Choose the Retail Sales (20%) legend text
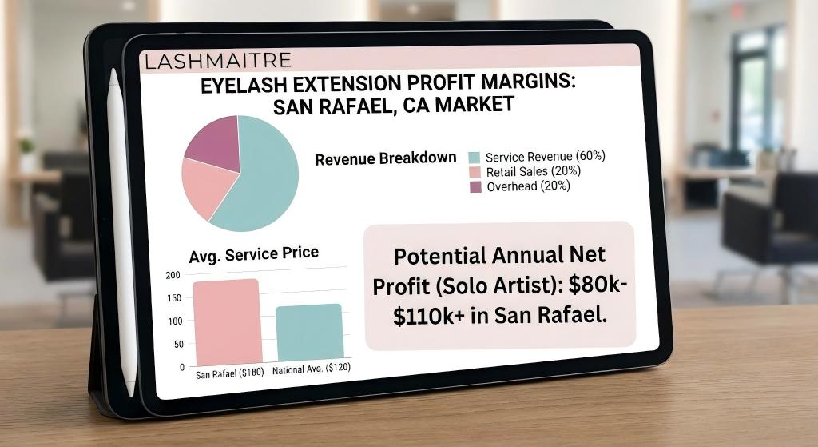533,171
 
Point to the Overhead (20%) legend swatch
475,186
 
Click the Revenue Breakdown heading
386,158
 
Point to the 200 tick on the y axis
173,275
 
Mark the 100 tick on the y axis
175,321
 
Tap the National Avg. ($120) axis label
312,369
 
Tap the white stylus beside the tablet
122,232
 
